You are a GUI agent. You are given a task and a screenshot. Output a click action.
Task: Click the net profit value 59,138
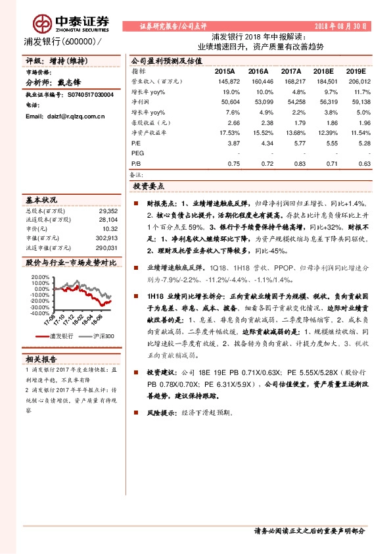click(359, 103)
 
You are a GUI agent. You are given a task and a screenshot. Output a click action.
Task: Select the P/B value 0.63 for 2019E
click(363, 163)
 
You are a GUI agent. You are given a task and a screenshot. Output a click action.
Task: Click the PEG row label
click(137, 153)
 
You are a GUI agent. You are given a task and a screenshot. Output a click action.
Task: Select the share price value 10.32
click(108, 229)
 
